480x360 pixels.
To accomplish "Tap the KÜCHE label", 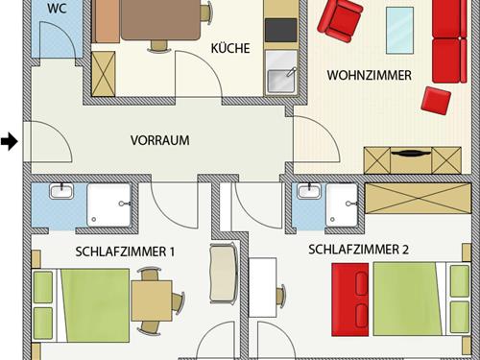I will tap(229, 48).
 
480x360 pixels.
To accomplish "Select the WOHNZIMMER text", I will tap(369, 75).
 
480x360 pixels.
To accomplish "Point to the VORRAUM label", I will tap(159, 140).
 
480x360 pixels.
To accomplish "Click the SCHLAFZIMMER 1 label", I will tap(125, 252).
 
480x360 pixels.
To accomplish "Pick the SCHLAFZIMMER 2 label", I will tap(358, 250).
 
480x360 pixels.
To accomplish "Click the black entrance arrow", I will tap(10, 142).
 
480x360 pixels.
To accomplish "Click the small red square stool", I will tap(437, 99).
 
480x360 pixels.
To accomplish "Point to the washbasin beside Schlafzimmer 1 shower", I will tap(62, 193).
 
